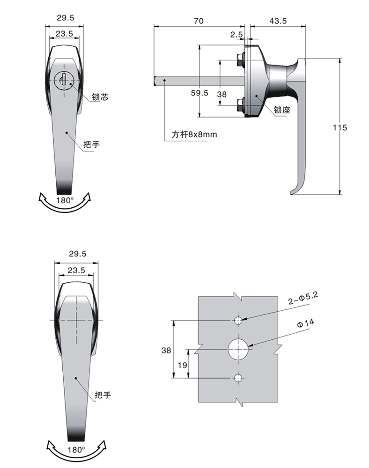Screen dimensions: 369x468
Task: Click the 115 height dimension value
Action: [340, 128]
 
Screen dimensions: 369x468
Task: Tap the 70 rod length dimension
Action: [199, 21]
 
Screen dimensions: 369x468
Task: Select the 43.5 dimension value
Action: [278, 21]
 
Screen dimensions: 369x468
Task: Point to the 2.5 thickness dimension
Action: [236, 35]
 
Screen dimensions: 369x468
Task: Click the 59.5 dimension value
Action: [199, 93]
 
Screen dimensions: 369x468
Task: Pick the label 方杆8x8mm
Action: [194, 134]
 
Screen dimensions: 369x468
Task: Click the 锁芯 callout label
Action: [100, 97]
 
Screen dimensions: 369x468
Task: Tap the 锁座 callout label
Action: [282, 110]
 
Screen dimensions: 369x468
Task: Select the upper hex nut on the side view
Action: [240, 60]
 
